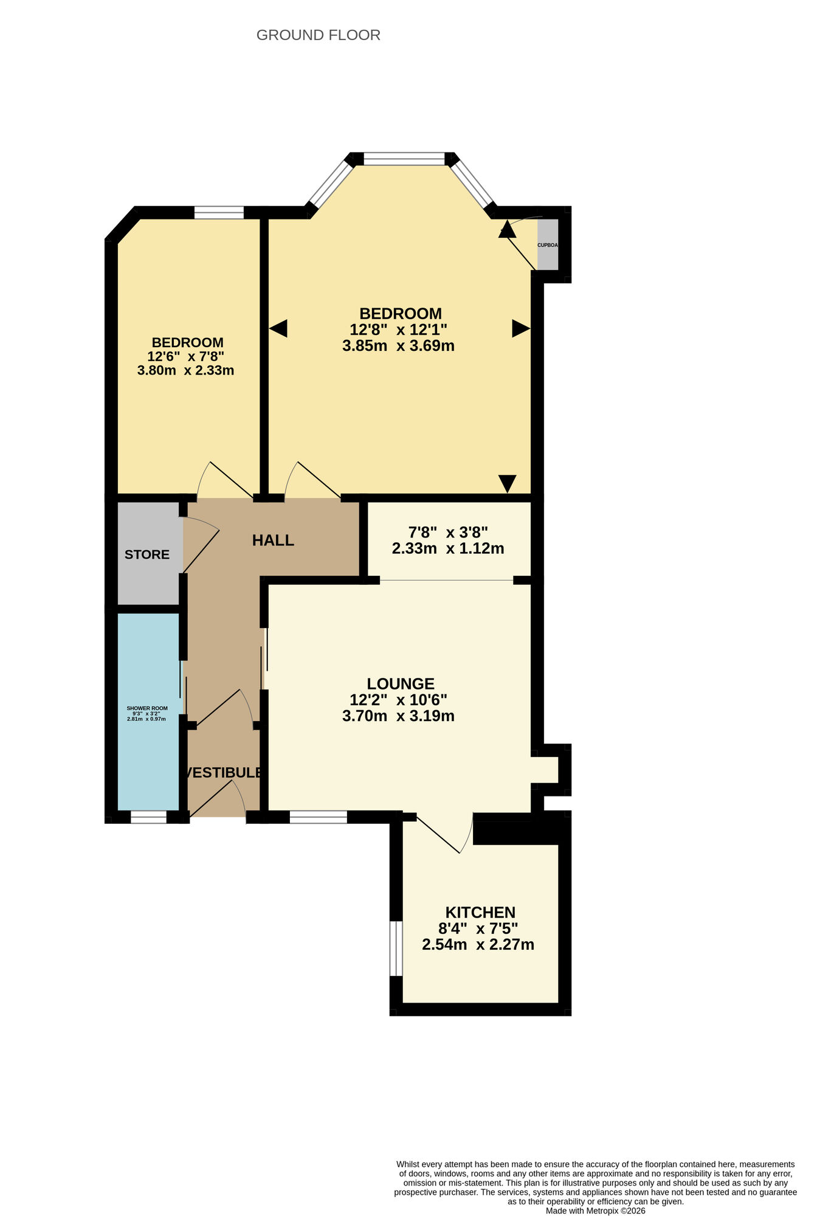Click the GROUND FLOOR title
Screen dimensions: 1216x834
318,35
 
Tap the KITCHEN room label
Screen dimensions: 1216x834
480,913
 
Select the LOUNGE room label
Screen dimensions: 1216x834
401,684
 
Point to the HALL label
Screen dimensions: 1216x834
273,541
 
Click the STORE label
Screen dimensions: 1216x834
147,554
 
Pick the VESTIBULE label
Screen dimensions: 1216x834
224,773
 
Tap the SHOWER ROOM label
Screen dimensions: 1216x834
147,708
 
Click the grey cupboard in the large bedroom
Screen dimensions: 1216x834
548,244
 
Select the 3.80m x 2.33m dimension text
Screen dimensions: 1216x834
185,370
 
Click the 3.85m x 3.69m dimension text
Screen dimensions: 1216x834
398,346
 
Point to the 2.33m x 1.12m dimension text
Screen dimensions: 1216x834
448,548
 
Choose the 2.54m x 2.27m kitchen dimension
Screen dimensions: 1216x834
478,945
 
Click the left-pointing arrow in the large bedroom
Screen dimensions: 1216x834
278,329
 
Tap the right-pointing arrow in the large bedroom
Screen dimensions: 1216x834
520,328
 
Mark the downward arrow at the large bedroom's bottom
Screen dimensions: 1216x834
508,483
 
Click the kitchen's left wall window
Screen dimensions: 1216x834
396,948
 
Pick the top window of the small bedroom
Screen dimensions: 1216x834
219,213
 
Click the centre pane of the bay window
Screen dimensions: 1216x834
404,160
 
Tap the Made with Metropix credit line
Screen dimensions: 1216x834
595,1211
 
